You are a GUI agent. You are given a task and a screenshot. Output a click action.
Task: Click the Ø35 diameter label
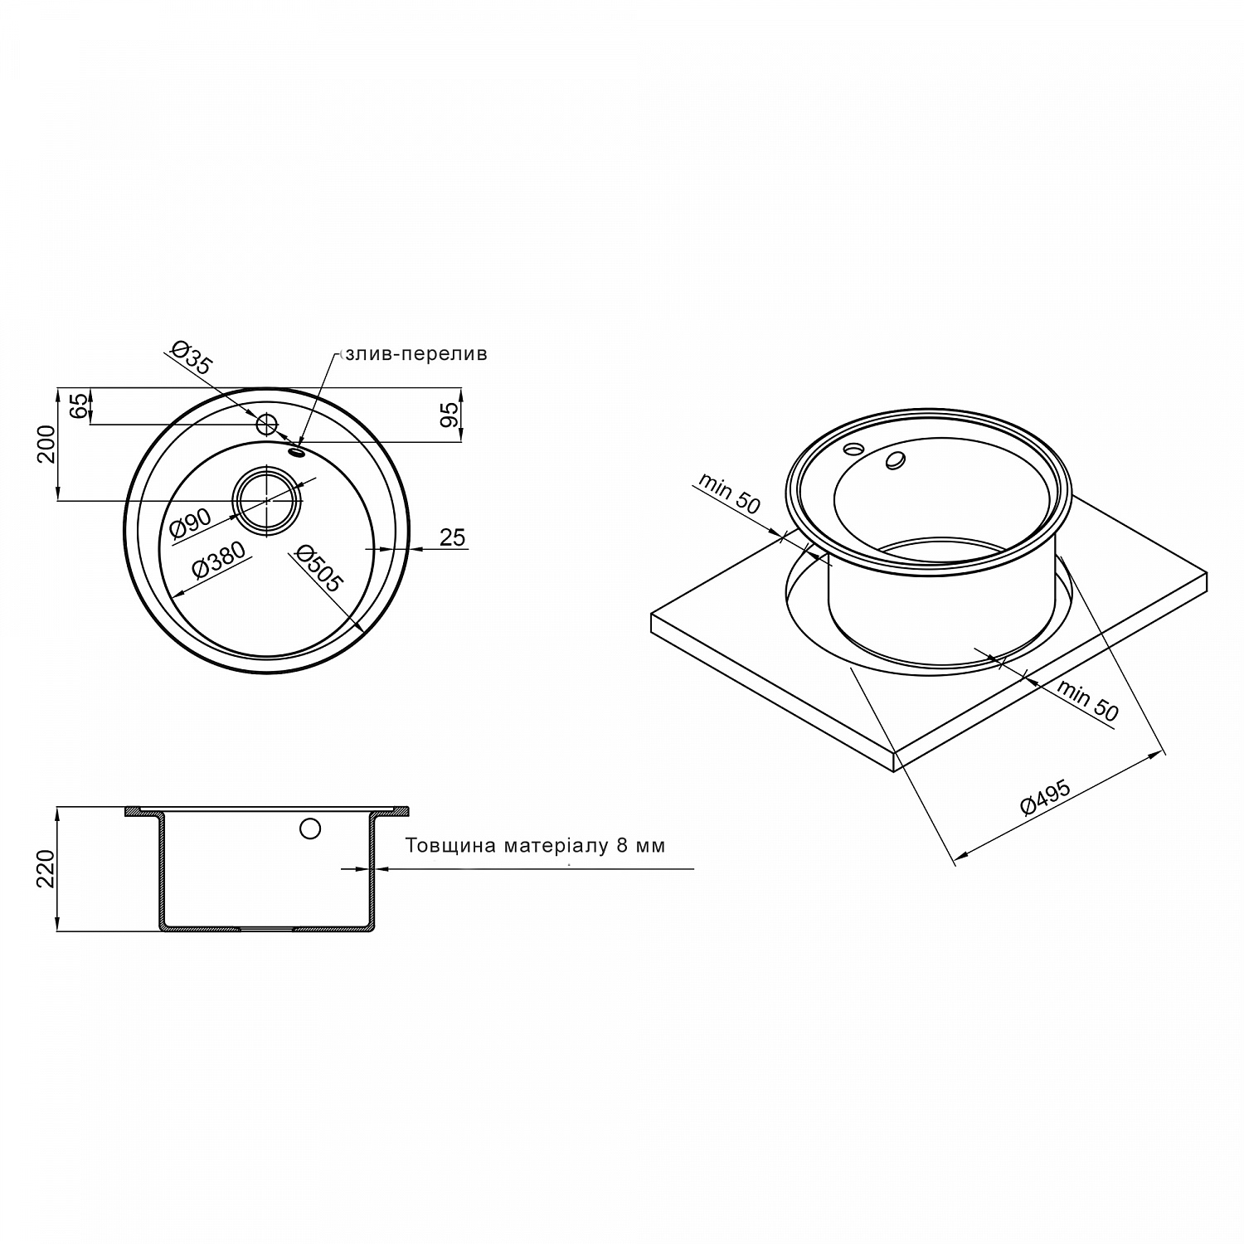coord(191,357)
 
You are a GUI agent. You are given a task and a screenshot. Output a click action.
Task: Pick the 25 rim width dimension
coord(452,537)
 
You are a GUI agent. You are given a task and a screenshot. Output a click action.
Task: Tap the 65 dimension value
coord(77,406)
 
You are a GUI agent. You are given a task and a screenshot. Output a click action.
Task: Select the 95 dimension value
coord(449,414)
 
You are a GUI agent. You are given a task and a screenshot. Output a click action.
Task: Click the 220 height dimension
coord(47,868)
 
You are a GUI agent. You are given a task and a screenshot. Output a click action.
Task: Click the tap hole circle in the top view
coord(266,425)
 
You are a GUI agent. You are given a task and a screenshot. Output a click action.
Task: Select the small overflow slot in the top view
coord(297,451)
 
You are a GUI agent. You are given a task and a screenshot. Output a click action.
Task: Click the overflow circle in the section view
coord(310,829)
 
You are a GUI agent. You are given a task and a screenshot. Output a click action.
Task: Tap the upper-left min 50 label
coord(728,493)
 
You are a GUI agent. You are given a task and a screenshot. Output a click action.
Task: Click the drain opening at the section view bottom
coord(266,929)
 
